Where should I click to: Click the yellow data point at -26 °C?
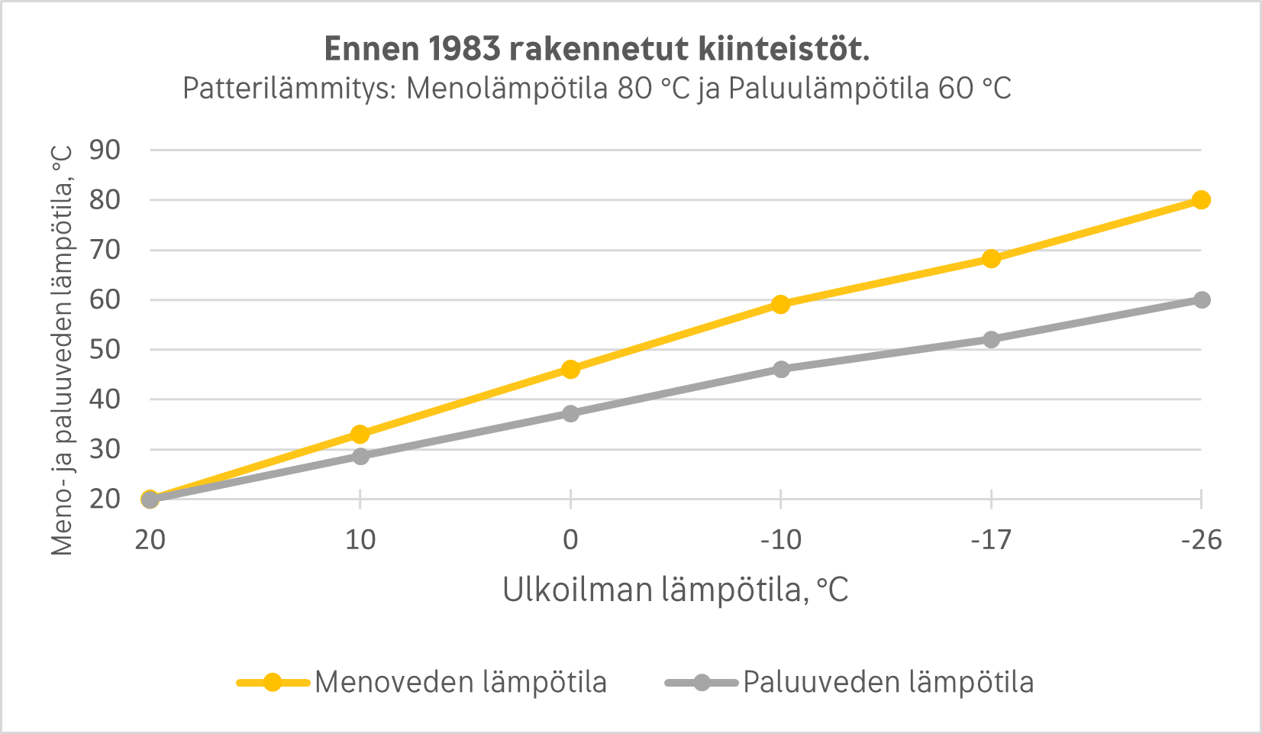click(1201, 200)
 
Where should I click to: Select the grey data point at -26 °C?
click(1201, 299)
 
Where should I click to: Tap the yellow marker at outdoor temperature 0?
click(570, 369)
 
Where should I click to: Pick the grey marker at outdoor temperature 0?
click(570, 413)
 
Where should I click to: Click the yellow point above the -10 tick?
click(780, 304)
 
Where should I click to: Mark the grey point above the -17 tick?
click(991, 339)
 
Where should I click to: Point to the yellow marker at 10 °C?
click(360, 435)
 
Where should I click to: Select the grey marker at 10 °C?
click(360, 456)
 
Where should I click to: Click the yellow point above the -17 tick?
click(991, 258)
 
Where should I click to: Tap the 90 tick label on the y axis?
click(105, 150)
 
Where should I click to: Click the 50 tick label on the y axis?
click(105, 350)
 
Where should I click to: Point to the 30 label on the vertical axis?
click(105, 449)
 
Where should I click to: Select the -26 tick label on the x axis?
click(1201, 540)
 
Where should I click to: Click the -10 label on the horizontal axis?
click(780, 540)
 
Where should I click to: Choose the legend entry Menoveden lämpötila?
click(460, 682)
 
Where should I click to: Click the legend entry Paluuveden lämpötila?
click(888, 682)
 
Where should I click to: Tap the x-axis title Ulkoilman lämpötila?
click(675, 590)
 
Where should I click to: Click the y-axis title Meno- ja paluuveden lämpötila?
click(63, 350)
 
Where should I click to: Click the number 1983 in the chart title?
click(463, 49)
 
